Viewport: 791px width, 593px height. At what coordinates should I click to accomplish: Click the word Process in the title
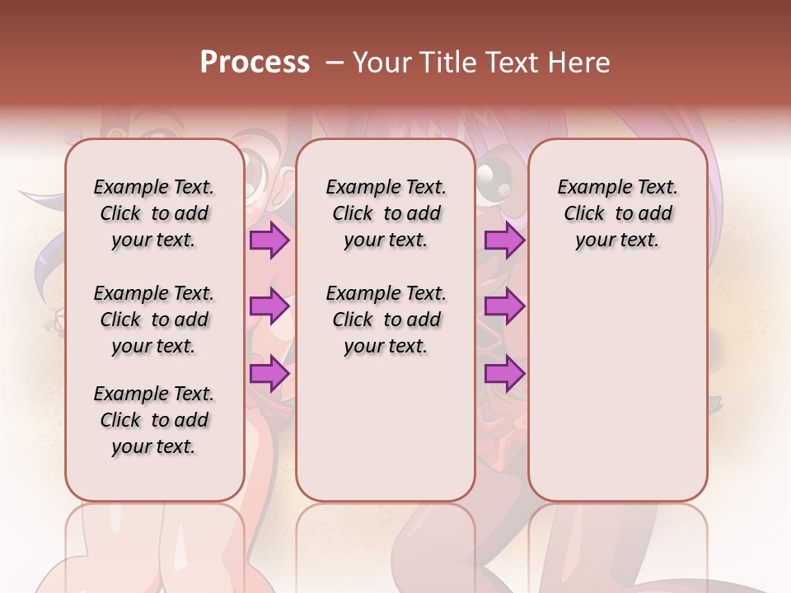pos(254,62)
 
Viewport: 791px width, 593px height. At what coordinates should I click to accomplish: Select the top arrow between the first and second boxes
pos(269,240)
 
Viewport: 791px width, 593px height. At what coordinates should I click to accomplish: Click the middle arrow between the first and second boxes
pos(269,307)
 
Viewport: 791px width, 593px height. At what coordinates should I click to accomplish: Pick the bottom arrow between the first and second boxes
pos(269,374)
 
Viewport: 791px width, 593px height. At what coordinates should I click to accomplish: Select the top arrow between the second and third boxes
pos(504,240)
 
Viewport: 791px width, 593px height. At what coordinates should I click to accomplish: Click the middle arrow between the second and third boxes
pos(504,307)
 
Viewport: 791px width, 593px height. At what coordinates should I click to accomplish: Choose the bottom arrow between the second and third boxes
pos(504,374)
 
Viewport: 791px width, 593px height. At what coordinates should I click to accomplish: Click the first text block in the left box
pos(154,213)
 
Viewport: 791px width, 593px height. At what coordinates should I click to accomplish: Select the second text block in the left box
pos(154,320)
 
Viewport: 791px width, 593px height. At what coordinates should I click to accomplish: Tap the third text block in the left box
pos(154,420)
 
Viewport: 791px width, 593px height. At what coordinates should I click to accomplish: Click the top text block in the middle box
pos(386,213)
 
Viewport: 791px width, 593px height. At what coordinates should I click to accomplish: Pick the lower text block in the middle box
pos(386,320)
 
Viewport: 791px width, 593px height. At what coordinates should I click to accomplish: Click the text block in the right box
pos(618,213)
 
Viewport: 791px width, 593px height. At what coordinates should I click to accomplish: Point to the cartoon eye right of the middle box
pos(494,175)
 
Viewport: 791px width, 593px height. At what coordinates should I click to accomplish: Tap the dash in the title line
pos(335,62)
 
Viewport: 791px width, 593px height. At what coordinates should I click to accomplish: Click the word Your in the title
pos(380,62)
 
